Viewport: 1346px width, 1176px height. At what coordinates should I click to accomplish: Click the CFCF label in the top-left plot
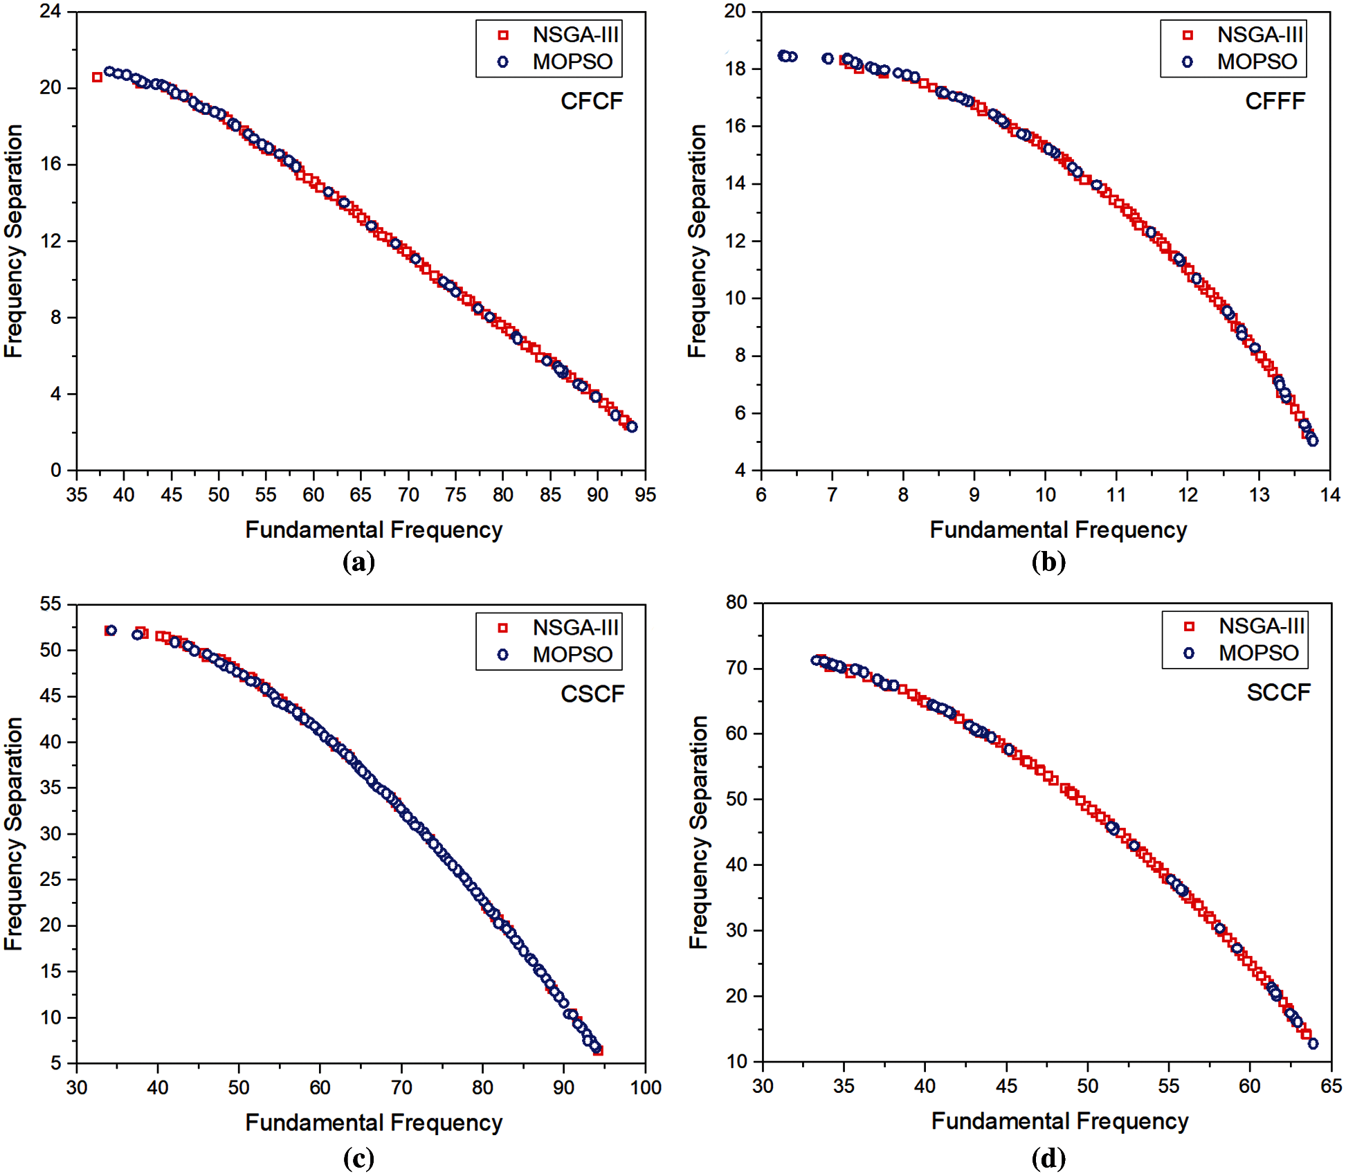pyautogui.click(x=592, y=101)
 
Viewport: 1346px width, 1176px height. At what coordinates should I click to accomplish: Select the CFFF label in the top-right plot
pyautogui.click(x=1275, y=101)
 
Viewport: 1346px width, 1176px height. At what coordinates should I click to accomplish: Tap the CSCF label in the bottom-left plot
pyautogui.click(x=592, y=694)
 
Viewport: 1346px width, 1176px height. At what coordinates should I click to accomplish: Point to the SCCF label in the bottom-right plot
pyautogui.click(x=1278, y=692)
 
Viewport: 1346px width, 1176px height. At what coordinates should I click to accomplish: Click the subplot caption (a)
pyautogui.click(x=358, y=561)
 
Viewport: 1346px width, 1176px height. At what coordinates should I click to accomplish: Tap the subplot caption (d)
pyautogui.click(x=1048, y=1158)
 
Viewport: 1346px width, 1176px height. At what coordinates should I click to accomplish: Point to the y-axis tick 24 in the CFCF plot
pyautogui.click(x=50, y=11)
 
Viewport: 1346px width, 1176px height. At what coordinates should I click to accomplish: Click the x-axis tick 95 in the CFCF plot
pyautogui.click(x=645, y=495)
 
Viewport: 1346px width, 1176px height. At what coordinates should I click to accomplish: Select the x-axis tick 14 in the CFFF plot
pyautogui.click(x=1330, y=495)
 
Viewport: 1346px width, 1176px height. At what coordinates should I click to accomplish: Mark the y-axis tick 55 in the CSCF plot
pyautogui.click(x=50, y=604)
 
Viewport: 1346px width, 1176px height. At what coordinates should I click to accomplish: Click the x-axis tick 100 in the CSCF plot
pyautogui.click(x=645, y=1087)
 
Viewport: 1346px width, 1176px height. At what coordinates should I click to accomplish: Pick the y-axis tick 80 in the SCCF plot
pyautogui.click(x=736, y=602)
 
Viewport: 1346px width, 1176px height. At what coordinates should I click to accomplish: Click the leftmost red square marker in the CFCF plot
pyautogui.click(x=97, y=77)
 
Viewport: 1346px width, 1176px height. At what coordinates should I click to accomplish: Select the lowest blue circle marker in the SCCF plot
pyautogui.click(x=1313, y=1044)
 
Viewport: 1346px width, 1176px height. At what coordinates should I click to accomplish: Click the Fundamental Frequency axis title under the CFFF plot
pyautogui.click(x=1058, y=530)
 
